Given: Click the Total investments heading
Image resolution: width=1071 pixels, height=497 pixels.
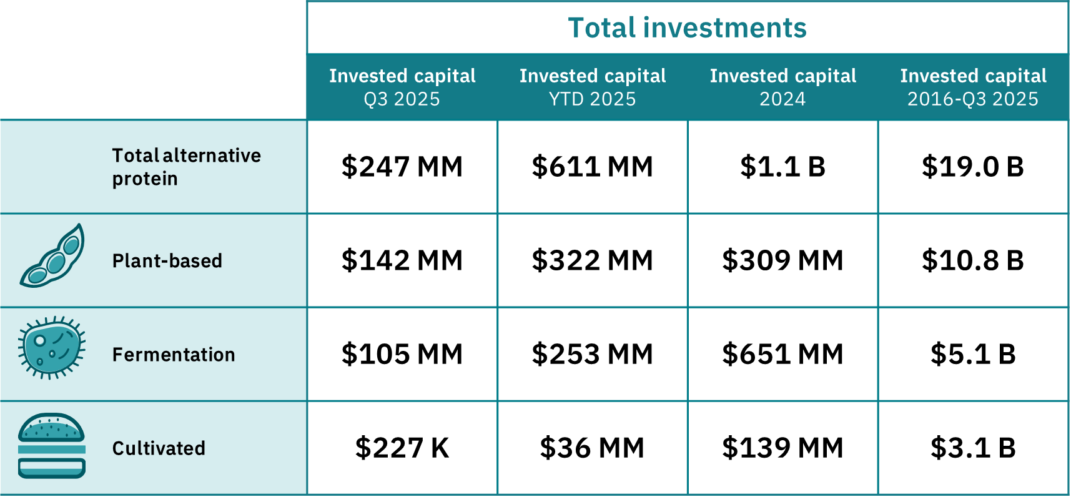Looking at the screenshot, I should [x=687, y=28].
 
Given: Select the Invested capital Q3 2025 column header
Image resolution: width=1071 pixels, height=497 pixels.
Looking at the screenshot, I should [x=402, y=87].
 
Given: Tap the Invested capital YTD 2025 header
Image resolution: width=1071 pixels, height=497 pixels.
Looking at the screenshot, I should [x=593, y=87].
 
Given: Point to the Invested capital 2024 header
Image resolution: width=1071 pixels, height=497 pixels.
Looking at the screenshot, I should [x=783, y=87].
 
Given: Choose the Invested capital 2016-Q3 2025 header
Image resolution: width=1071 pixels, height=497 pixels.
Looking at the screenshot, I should [x=973, y=87].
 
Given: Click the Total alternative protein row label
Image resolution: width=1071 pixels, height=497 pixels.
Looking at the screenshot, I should [x=186, y=167].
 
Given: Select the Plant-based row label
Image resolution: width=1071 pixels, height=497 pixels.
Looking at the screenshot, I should [x=167, y=260].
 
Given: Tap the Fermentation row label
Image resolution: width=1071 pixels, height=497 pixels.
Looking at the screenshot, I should [x=174, y=355].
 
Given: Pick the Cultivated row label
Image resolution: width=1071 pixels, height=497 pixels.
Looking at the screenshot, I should [x=159, y=448].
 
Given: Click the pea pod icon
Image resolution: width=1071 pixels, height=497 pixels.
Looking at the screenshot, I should [x=52, y=256].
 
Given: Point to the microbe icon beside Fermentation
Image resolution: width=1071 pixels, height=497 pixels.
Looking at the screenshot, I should [x=51, y=348].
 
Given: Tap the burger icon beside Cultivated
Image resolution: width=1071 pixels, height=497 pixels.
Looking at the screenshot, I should [x=52, y=446].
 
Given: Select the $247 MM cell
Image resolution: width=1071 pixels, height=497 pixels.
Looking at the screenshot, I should [x=402, y=167].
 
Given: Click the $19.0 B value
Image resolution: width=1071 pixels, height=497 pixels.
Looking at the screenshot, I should [x=973, y=167].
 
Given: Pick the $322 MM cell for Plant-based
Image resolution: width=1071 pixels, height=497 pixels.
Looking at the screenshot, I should [x=593, y=260].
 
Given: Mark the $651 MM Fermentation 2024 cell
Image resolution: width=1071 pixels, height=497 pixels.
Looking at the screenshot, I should [x=783, y=354].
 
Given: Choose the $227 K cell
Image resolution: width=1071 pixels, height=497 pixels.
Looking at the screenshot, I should [x=402, y=448].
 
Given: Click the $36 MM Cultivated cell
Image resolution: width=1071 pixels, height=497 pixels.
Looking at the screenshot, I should [x=593, y=448].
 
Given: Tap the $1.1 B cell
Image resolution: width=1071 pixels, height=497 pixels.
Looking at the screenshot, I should [x=783, y=167].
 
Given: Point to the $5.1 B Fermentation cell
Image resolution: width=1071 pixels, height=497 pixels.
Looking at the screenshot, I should [x=973, y=354].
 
